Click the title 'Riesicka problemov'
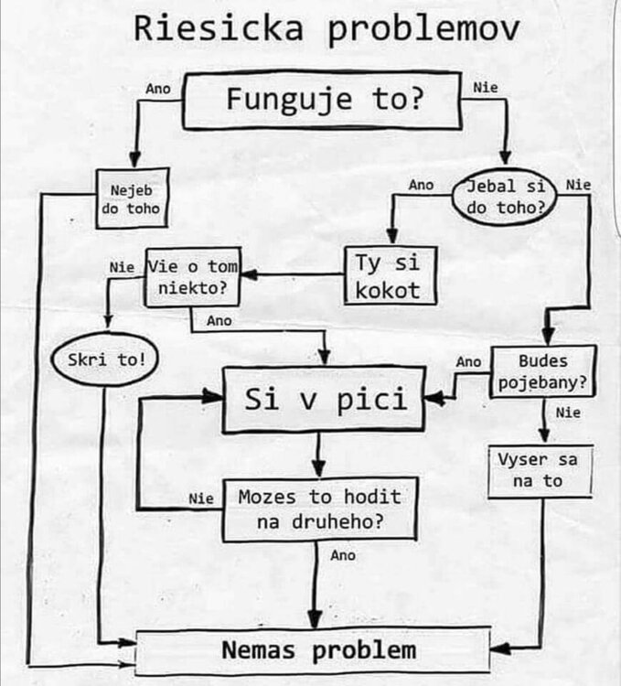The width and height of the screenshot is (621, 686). coord(327,30)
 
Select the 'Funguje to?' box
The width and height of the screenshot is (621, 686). coord(322,101)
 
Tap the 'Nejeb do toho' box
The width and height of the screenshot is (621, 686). coord(132,198)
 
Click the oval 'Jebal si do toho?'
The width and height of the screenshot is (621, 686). coord(505,197)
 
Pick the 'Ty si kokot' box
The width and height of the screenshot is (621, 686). coord(391,275)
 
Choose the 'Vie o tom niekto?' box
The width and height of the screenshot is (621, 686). coord(193,277)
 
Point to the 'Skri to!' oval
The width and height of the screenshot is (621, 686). coord(105,359)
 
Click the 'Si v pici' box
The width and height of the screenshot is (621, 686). coord(324,399)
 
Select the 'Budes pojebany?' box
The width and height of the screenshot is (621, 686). coord(542,372)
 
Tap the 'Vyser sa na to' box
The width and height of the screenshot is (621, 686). coord(541,471)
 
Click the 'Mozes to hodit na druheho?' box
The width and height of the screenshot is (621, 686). coord(320,509)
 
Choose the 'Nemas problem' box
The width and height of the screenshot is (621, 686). coord(313,649)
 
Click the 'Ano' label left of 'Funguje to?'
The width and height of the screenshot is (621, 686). coord(158,89)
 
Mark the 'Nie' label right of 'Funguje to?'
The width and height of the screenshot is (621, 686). coord(486,88)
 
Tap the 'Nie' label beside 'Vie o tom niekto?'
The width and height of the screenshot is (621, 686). coord(122,267)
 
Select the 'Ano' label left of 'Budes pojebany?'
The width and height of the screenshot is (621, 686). coord(468,362)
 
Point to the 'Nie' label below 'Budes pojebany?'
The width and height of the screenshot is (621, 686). coord(568,413)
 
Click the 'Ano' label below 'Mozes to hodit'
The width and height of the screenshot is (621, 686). coord(343,555)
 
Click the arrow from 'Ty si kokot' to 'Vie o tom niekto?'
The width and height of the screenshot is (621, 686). coord(293,274)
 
